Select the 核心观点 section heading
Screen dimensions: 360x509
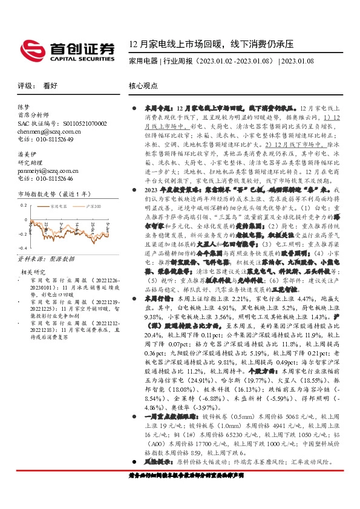coord(143,86)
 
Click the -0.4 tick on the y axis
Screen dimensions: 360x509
coord(22,248)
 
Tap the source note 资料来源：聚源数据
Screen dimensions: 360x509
coord(40,259)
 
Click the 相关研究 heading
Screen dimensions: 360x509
coord(33,272)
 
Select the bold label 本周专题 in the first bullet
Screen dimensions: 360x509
coord(156,107)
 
